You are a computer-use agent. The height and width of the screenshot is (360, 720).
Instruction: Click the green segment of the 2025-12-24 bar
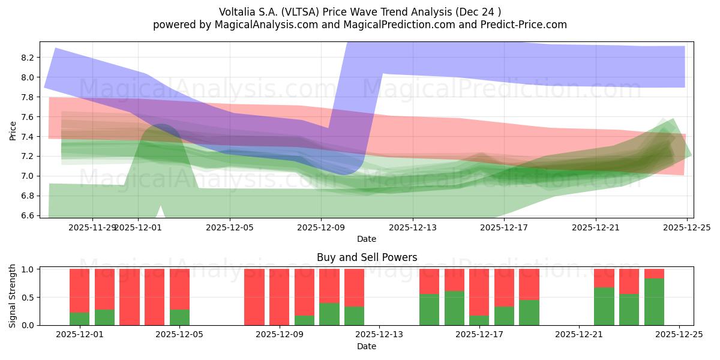pos(654,302)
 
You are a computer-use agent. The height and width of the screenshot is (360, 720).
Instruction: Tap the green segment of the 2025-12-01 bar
pos(80,319)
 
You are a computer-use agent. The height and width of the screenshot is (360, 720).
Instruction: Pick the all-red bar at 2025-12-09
pos(280,297)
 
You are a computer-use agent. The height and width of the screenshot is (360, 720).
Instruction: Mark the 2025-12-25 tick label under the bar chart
pos(679,335)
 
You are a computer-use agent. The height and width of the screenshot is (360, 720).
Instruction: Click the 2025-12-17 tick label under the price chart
pos(504,227)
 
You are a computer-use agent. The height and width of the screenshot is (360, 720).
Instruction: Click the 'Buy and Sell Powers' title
pos(367,257)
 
